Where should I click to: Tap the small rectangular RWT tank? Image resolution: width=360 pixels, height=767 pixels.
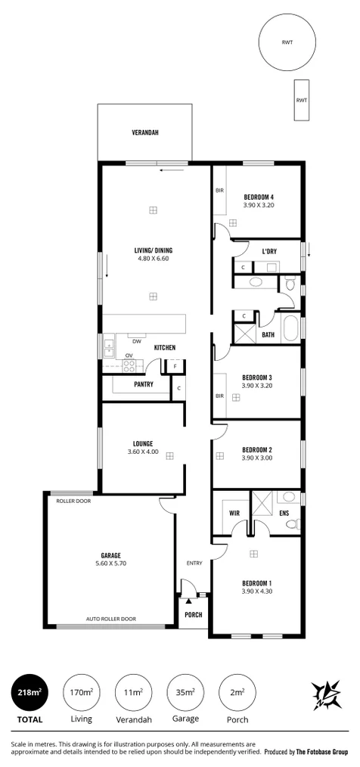coord(302,100)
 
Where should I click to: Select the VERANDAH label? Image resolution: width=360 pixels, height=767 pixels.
coord(145,132)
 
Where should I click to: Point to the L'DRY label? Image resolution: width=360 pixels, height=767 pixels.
coord(268,251)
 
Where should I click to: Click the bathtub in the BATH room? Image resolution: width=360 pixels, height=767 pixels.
coord(291,329)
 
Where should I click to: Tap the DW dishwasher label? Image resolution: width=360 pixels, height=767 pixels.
coord(136,340)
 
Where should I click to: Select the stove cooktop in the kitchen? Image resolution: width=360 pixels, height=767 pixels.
coord(129,365)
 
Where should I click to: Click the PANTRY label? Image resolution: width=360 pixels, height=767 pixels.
coord(143,384)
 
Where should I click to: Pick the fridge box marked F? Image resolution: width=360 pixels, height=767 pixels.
coord(175,367)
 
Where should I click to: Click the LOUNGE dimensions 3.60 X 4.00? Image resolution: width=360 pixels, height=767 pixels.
coord(143,452)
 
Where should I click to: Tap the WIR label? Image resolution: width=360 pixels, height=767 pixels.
coord(234,512)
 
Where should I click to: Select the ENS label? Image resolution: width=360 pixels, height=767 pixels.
coord(284,512)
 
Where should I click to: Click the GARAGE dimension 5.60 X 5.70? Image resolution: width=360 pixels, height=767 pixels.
coord(111,564)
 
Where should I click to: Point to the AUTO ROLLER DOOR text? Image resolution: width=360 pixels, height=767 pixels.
coord(111,618)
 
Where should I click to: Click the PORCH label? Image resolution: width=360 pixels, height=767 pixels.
coord(194,615)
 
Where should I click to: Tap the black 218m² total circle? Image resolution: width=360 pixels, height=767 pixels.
coord(29,692)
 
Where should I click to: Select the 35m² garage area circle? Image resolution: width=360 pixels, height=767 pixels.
coord(185,692)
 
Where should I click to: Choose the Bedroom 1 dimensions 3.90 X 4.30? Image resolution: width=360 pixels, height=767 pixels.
coord(257,592)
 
